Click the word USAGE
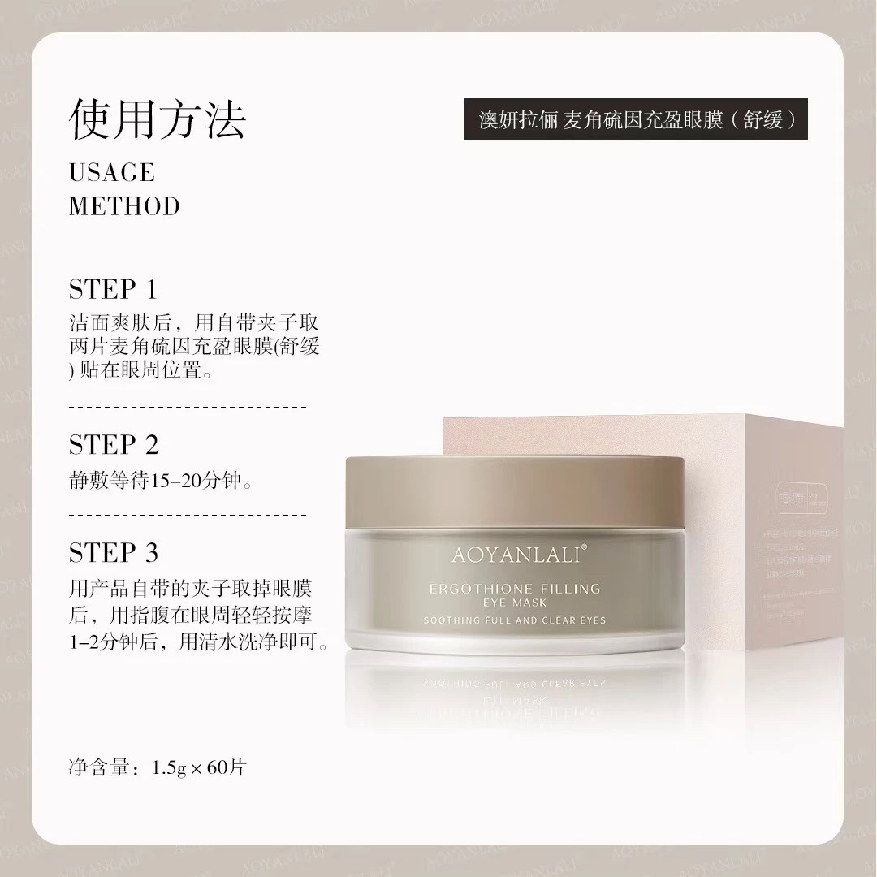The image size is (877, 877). (112, 173)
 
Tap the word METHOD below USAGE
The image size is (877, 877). (124, 206)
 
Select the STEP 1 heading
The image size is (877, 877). (113, 290)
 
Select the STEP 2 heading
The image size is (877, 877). (114, 445)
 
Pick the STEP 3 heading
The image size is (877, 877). (114, 553)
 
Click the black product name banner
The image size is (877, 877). (636, 119)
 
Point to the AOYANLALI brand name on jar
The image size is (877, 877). (514, 556)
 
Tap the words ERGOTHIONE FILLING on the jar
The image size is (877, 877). (515, 589)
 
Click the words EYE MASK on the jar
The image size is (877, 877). (515, 603)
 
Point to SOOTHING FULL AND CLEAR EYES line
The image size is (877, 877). (515, 620)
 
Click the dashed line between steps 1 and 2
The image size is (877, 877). (188, 405)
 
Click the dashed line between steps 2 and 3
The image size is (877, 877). (188, 514)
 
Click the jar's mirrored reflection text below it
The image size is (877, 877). (515, 686)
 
